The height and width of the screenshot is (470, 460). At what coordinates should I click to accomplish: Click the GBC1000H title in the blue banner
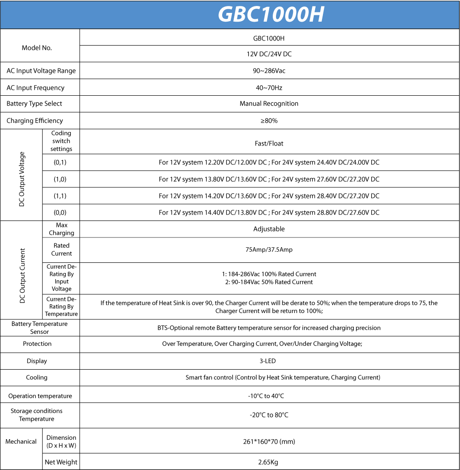(271, 14)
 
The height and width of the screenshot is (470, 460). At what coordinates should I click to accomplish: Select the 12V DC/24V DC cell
(269, 54)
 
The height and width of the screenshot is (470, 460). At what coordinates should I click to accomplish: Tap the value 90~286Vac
(269, 71)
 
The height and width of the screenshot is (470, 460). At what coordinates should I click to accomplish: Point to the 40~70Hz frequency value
(269, 87)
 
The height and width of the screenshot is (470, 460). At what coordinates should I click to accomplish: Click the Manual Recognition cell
(269, 104)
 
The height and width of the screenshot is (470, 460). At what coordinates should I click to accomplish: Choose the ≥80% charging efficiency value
(269, 121)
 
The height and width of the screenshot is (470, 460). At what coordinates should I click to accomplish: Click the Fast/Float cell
(269, 143)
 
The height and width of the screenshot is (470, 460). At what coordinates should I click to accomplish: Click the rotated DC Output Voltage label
(22, 179)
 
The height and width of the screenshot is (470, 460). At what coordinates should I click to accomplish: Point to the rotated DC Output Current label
(22, 276)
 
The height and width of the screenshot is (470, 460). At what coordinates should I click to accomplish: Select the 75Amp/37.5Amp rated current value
(269, 250)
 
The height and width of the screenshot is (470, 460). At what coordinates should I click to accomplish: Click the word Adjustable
(269, 229)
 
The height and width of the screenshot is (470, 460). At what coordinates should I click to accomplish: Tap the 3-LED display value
(269, 361)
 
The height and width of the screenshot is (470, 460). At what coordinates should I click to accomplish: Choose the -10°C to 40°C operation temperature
(269, 396)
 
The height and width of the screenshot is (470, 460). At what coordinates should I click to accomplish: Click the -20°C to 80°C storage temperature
(269, 415)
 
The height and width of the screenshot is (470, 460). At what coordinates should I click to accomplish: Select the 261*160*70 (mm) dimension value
(269, 441)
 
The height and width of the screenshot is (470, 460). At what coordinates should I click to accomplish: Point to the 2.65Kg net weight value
(269, 462)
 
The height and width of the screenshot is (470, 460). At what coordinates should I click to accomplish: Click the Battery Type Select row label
(34, 104)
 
